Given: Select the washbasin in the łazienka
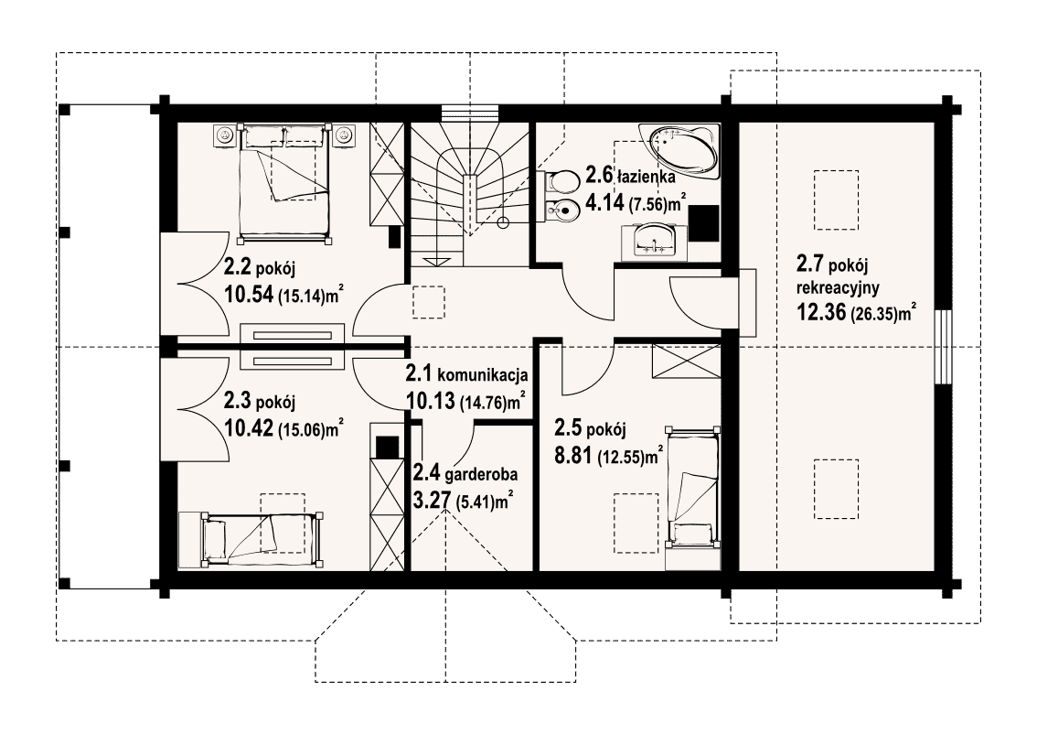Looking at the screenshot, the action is pos(654,241).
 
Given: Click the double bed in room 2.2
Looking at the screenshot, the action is pos(283,181).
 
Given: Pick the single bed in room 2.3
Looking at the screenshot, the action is pos(251,539).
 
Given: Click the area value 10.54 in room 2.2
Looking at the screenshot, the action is pos(249,294).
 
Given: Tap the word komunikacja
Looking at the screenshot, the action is pos(483,375).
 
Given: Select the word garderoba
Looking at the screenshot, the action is pos(481,475).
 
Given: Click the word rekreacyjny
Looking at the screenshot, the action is pos(838,288).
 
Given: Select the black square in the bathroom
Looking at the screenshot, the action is pos(704,223).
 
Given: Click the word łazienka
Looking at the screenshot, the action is pos(646,177).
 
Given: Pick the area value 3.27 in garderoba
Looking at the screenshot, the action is pos(429,499).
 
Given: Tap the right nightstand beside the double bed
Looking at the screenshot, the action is pos(342,135).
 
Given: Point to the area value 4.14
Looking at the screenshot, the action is pos(604,202).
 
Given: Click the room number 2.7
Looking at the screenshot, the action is pos(809,264).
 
